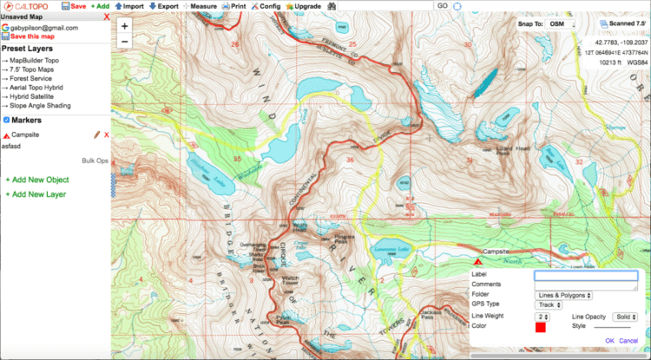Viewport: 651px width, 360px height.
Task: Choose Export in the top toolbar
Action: pyautogui.click(x=164, y=6)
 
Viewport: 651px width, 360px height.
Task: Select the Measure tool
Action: pyautogui.click(x=200, y=6)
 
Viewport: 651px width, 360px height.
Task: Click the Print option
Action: pyautogui.click(x=234, y=6)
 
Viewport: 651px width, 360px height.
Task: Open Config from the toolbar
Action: pyautogui.click(x=266, y=6)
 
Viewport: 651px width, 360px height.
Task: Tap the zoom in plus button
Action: pyautogui.click(x=125, y=27)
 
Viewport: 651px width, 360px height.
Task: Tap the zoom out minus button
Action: pyautogui.click(x=125, y=42)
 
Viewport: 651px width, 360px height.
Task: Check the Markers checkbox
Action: pyautogui.click(x=6, y=120)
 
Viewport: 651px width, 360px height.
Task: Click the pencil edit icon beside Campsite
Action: pyautogui.click(x=97, y=135)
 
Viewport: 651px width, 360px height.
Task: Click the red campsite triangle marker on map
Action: pyautogui.click(x=478, y=259)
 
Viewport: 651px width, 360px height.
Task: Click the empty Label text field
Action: pyautogui.click(x=586, y=275)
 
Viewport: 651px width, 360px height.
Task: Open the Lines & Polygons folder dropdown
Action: pyautogui.click(x=565, y=295)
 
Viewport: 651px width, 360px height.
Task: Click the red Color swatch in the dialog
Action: pyautogui.click(x=540, y=327)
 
